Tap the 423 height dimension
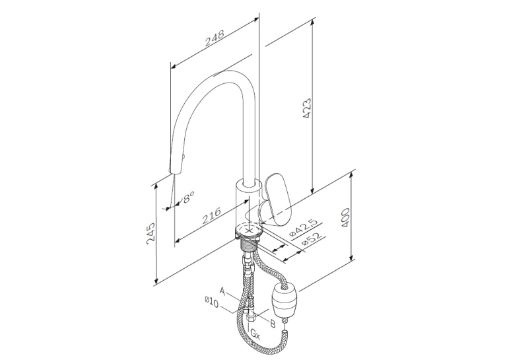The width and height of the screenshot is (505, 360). tap(307, 108)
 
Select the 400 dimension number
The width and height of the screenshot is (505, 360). tap(345, 218)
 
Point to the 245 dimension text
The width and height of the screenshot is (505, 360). tap(151, 233)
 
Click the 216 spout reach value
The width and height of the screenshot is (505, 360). tap(212, 215)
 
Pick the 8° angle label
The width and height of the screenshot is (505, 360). tap(188, 197)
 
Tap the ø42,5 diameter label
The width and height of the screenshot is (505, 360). tap(304, 227)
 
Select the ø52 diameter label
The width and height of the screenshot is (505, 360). tap(312, 240)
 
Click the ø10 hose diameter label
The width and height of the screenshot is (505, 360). tap(211, 303)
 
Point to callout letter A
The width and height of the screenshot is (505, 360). tap(222, 291)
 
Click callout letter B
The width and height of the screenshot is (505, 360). tap(273, 323)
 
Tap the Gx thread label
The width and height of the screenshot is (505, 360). tap(255, 334)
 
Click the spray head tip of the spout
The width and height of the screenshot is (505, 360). tap(173, 170)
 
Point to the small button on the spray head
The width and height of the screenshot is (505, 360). tap(184, 157)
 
